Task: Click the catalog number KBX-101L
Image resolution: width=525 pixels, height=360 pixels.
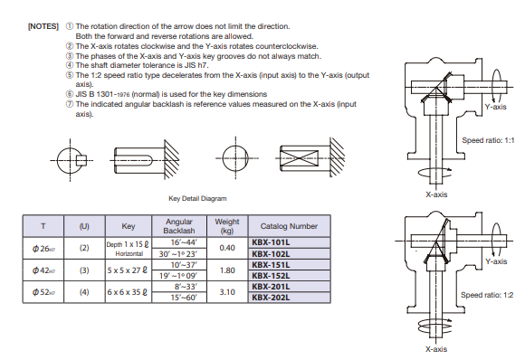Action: click(x=271, y=242)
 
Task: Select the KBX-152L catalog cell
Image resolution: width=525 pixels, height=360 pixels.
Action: click(x=271, y=276)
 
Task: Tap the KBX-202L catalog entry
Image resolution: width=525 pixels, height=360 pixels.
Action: click(x=271, y=298)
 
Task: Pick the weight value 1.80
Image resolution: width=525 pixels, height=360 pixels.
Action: click(x=227, y=270)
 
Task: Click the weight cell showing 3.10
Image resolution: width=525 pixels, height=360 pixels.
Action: click(x=227, y=292)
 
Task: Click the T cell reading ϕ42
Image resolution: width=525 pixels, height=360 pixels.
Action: click(x=43, y=270)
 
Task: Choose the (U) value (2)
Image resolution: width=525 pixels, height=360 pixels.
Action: click(x=84, y=248)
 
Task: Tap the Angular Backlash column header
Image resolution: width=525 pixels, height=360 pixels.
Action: click(x=179, y=226)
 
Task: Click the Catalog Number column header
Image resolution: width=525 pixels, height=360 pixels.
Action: click(x=289, y=226)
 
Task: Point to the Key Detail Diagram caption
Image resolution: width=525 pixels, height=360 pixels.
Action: click(x=197, y=198)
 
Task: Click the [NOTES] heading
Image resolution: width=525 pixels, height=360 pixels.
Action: click(x=43, y=26)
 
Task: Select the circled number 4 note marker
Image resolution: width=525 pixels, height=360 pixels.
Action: click(x=70, y=65)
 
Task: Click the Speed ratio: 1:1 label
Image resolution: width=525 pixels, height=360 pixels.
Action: click(x=488, y=140)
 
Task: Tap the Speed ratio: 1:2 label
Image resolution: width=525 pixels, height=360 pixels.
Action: click(x=487, y=295)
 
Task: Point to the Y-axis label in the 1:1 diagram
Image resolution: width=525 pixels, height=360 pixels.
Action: click(x=496, y=107)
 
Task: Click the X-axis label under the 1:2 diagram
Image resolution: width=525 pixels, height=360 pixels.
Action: click(x=436, y=349)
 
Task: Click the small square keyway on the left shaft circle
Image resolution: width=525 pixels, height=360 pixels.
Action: click(x=81, y=161)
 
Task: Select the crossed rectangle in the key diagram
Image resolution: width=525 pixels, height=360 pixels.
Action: click(x=300, y=158)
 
